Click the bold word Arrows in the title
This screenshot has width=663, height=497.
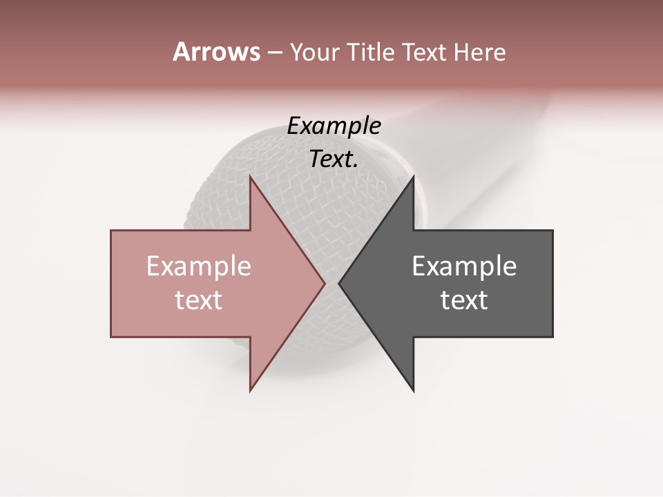click(216, 52)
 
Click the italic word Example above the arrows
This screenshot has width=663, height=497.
click(334, 126)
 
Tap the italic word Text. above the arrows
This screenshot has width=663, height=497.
click(334, 159)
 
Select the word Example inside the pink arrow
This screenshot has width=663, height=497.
click(199, 266)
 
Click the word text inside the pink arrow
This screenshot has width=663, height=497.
click(199, 300)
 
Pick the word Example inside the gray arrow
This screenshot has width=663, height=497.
click(464, 266)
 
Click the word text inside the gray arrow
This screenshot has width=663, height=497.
click(464, 300)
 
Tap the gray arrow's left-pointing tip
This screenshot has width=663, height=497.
click(339, 284)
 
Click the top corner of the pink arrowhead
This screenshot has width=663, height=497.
click(250, 177)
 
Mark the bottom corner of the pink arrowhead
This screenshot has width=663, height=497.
click(250, 391)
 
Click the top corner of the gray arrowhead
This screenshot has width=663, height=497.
click(414, 177)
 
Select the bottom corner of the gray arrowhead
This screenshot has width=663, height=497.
click(414, 391)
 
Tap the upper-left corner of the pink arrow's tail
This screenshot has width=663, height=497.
click(111, 231)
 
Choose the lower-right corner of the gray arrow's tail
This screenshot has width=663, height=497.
click(552, 337)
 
